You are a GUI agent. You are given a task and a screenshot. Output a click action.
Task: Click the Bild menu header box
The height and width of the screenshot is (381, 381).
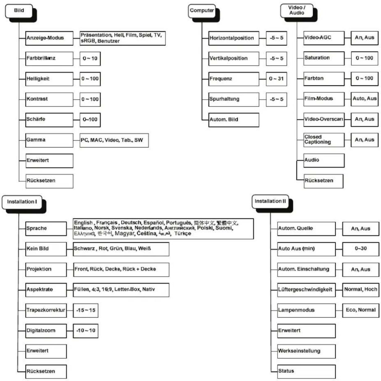[19, 11]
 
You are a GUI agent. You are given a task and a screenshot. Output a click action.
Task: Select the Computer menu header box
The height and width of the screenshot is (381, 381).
[202, 11]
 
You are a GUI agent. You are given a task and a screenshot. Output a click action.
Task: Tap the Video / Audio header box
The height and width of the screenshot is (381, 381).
[297, 11]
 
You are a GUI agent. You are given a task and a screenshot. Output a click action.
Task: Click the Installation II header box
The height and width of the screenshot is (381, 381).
[270, 202]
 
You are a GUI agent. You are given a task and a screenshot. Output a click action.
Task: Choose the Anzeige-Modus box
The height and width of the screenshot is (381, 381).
[49, 38]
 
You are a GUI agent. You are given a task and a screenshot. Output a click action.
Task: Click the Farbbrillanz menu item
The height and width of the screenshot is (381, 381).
[49, 59]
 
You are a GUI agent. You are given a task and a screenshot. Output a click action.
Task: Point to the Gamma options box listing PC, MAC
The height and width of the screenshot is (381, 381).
[114, 140]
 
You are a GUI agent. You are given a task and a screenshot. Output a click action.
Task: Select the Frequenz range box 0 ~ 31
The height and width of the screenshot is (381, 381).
[276, 79]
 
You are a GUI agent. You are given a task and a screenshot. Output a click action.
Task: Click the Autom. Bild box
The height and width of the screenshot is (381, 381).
[234, 120]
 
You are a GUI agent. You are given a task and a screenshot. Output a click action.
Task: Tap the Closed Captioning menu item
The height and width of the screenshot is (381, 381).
[324, 140]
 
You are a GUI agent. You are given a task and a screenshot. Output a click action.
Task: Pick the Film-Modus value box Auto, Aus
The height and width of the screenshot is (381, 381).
[365, 99]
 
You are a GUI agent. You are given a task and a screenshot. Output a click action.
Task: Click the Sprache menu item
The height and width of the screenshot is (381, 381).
[46, 229]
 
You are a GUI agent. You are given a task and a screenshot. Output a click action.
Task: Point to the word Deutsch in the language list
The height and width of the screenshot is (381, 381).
[131, 223]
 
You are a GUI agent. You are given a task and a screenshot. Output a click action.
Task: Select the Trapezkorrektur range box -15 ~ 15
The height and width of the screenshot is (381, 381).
[86, 310]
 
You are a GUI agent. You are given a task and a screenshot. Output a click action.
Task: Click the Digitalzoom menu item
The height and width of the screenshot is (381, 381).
[46, 331]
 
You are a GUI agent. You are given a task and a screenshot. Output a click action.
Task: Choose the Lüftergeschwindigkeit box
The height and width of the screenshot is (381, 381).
[307, 290]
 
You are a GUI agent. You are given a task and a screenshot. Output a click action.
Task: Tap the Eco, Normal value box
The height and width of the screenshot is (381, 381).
[361, 310]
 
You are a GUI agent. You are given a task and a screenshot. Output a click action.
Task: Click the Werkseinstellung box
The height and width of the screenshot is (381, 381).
[307, 351]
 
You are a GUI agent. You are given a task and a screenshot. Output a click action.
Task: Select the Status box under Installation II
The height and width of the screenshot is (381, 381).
[307, 372]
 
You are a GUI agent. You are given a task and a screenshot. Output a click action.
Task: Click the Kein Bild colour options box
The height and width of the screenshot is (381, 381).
[121, 249]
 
